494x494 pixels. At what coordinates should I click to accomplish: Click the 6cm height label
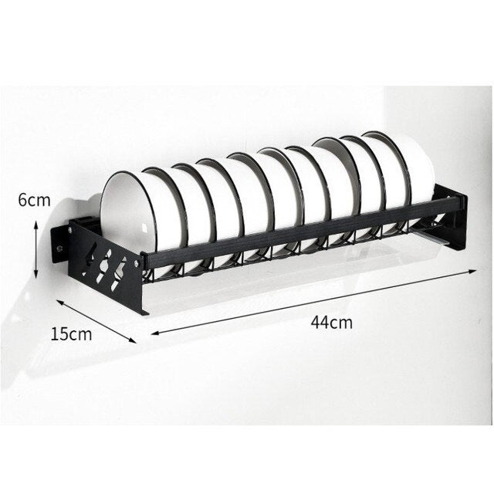click(34, 200)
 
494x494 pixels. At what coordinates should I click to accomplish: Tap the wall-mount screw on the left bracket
click(58, 249)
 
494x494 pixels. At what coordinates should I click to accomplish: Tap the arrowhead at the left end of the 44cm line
click(154, 333)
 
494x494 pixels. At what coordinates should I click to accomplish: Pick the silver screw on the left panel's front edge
click(137, 263)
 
